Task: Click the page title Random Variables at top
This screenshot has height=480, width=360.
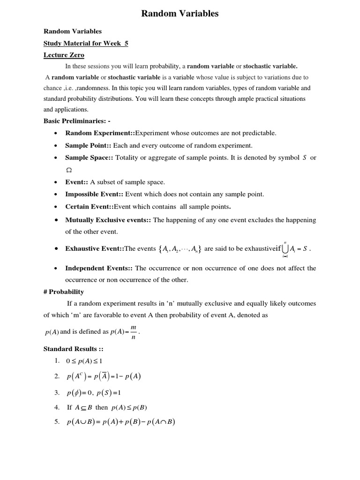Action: pos(180,14)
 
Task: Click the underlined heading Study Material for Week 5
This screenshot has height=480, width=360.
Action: pos(86,44)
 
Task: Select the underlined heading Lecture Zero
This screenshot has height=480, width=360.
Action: pos(64,55)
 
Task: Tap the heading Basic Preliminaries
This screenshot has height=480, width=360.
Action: pos(77,121)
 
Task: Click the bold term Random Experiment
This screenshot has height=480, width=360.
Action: pos(100,133)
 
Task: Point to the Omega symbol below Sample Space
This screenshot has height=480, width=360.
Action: pos(68,170)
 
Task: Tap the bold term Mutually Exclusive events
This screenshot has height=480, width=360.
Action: pos(108,220)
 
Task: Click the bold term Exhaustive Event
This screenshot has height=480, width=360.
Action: pos(95,249)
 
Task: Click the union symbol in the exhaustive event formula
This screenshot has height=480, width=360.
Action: pos(285,249)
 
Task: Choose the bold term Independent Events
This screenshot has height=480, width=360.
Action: pos(99,268)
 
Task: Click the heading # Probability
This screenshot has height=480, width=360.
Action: pos(64,292)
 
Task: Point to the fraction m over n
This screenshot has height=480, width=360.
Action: pos(134,332)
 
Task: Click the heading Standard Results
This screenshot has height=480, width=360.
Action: pos(70,349)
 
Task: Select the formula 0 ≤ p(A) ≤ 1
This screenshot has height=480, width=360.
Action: pos(84,361)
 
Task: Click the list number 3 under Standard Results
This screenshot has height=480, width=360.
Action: pos(57,392)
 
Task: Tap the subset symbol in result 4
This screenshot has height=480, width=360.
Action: pos(83,408)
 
